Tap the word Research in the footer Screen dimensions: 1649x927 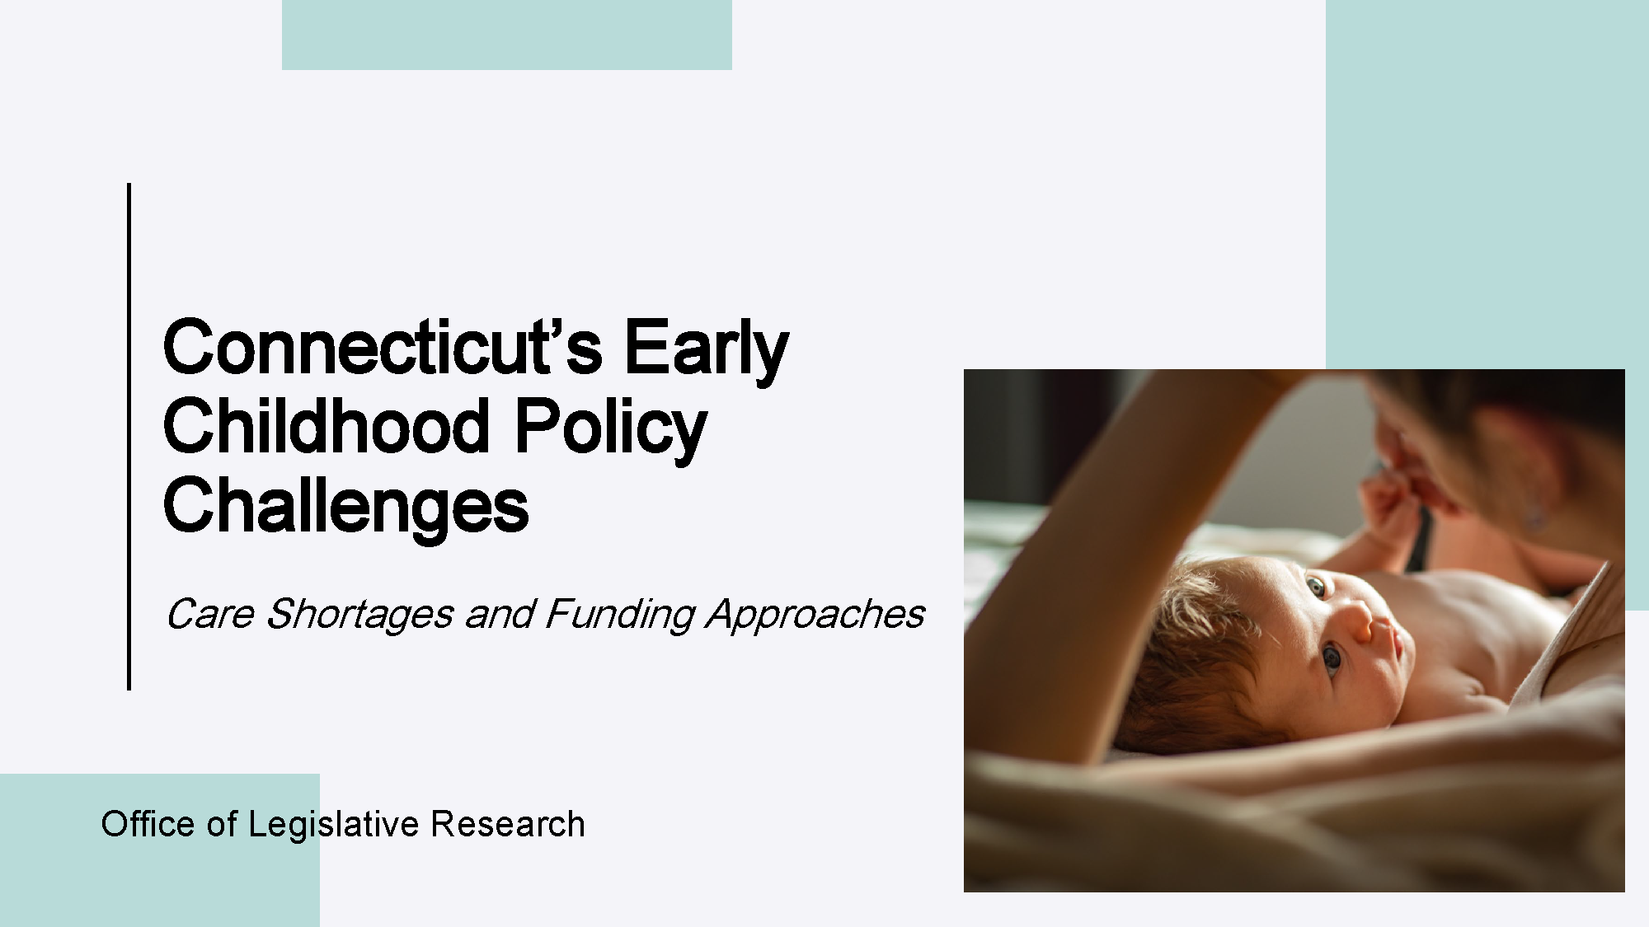pyautogui.click(x=508, y=824)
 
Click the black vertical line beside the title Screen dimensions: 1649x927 pyautogui.click(x=129, y=436)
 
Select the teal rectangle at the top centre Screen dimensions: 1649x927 pyautogui.click(x=507, y=35)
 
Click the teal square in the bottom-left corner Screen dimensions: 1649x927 pyautogui.click(x=159, y=850)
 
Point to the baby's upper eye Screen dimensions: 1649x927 pyautogui.click(x=1314, y=588)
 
